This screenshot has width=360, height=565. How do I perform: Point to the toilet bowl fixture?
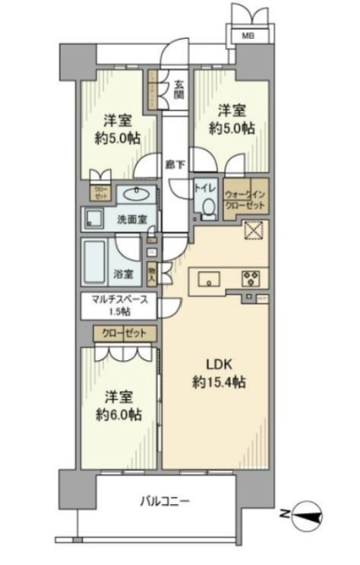pos(207,207)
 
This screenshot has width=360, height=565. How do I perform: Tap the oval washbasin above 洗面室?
pos(137,194)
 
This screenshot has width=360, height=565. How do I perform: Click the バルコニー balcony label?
pos(164,502)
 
